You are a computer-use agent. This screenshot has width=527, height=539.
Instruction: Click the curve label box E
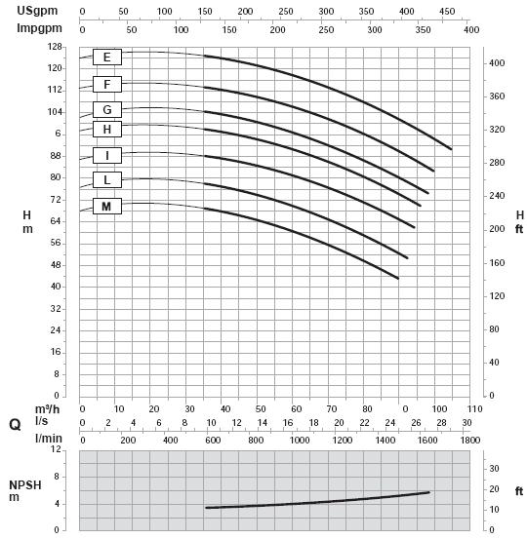click(107, 57)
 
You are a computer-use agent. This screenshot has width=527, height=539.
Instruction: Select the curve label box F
click(107, 84)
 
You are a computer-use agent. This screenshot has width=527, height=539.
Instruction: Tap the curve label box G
click(107, 110)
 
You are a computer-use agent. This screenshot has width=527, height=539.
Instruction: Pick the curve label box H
click(107, 130)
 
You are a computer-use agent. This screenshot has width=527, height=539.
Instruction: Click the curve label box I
click(107, 155)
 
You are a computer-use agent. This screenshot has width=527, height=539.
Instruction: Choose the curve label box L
click(107, 179)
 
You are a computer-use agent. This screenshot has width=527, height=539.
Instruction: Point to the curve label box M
click(107, 207)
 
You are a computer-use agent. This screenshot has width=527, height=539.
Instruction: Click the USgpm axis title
click(37, 11)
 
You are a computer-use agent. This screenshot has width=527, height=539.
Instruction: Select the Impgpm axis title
click(39, 28)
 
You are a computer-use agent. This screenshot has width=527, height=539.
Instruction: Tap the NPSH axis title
click(24, 485)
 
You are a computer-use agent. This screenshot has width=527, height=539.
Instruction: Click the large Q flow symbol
click(15, 425)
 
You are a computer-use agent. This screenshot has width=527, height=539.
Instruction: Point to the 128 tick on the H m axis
click(55, 47)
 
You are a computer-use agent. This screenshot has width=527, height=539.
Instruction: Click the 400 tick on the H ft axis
click(497, 63)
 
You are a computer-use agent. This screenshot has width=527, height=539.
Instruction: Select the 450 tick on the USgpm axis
click(447, 12)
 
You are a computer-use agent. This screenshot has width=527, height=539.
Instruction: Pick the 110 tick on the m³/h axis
click(475, 409)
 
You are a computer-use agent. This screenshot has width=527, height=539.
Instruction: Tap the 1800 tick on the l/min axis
click(470, 440)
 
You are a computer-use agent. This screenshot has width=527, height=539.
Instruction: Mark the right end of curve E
click(451, 149)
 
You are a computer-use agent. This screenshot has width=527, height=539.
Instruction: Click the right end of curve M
click(398, 278)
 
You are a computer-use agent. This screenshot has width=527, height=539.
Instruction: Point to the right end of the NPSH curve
click(428, 492)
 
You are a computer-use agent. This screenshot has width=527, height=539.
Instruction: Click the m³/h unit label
click(47, 409)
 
